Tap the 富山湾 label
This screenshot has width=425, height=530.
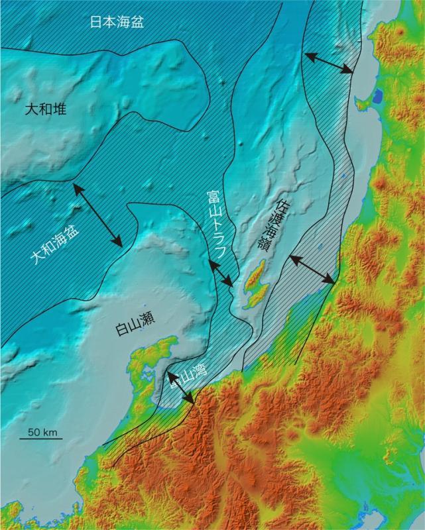tap(188, 377)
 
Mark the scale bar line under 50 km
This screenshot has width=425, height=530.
tap(44, 440)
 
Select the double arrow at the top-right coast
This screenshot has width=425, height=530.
tap(328, 63)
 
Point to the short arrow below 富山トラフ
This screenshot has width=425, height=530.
tap(219, 273)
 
